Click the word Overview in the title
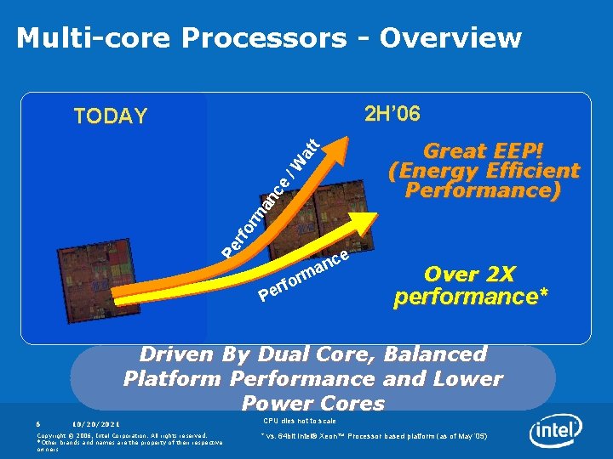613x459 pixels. click(x=450, y=38)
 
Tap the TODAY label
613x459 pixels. click(x=110, y=116)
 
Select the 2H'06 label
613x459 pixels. click(x=392, y=114)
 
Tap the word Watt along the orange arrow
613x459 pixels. click(x=305, y=154)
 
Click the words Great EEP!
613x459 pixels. click(x=483, y=151)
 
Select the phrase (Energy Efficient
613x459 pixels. click(x=483, y=171)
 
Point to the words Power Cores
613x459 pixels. click(x=312, y=403)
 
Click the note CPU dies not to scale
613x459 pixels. click(x=299, y=421)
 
